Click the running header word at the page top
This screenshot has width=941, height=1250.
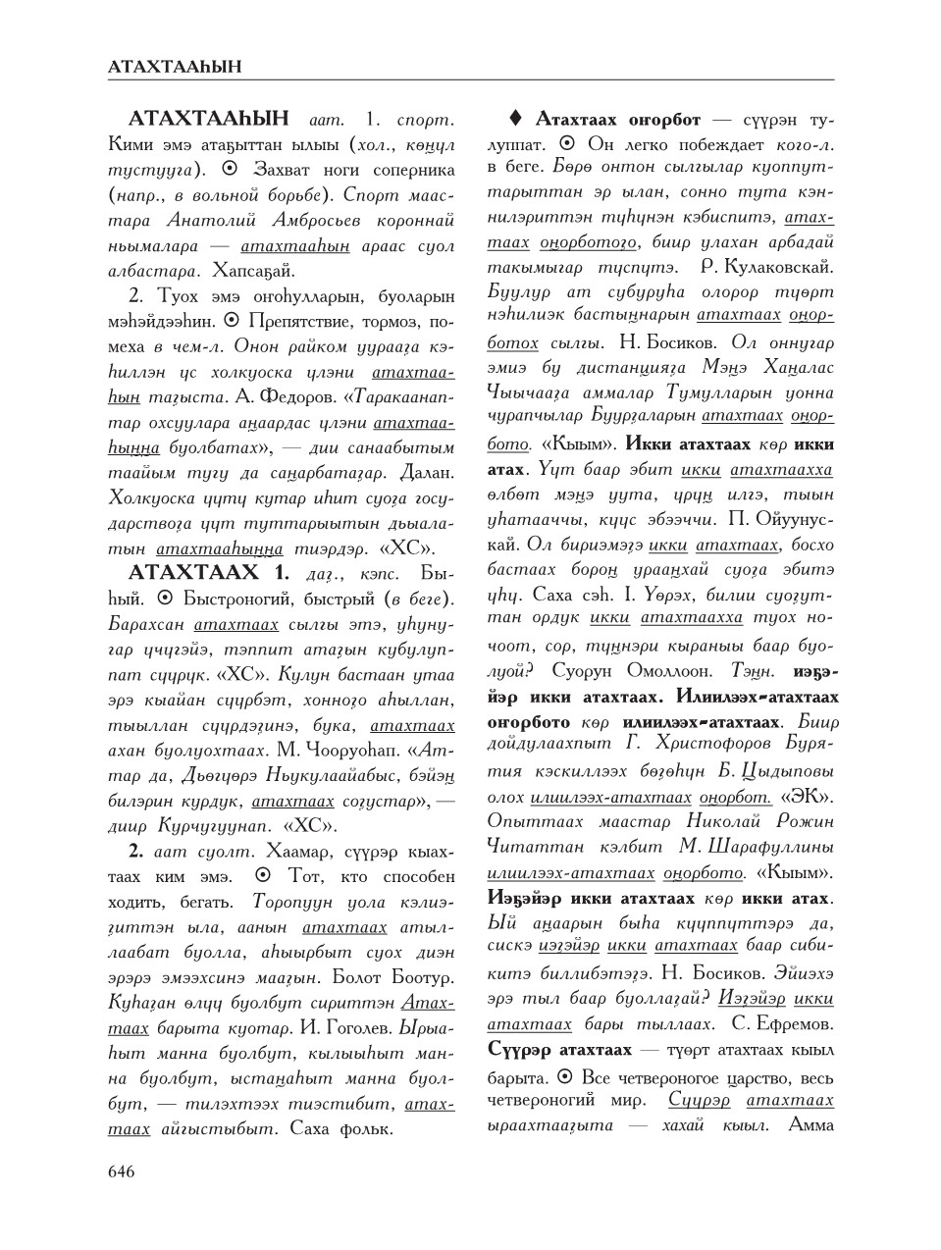tap(175, 67)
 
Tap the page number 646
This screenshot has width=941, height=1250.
tap(123, 1171)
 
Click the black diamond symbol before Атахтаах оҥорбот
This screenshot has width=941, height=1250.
tap(515, 120)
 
